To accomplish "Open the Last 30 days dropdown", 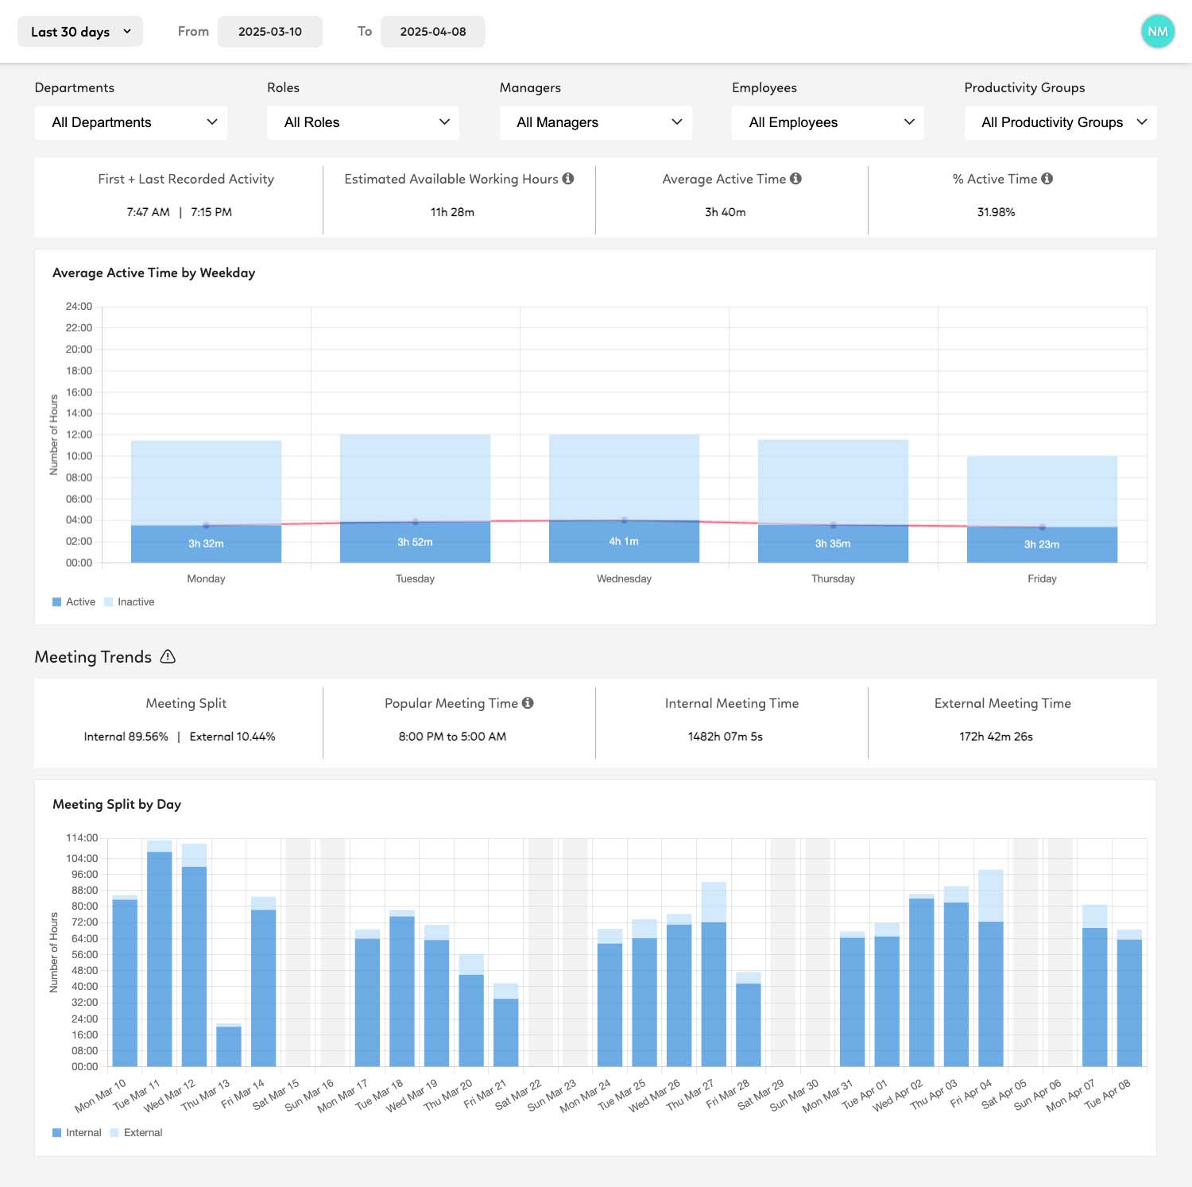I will coord(80,32).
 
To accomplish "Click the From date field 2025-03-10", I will coord(270,32).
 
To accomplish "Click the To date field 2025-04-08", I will coord(433,32).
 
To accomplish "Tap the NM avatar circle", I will coord(1157,32).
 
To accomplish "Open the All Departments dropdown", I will coord(131,122).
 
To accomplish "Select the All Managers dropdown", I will coord(596,122).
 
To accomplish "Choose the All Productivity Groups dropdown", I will coord(1060,122).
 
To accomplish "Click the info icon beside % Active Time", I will coord(1047,179).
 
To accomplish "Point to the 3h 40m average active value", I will coord(725,212).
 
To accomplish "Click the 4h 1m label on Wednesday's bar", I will coord(624,542).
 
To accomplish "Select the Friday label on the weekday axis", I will coord(1042,578).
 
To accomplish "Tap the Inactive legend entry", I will coord(135,602).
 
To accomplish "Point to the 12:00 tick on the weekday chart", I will coord(79,435).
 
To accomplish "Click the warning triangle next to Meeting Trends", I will coord(168,657).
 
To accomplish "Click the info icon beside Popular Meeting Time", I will coord(528,703).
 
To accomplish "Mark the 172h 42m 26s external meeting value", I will coord(996,737).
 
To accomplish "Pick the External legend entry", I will coord(142,1133).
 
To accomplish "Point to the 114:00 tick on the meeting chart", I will coord(82,838).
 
